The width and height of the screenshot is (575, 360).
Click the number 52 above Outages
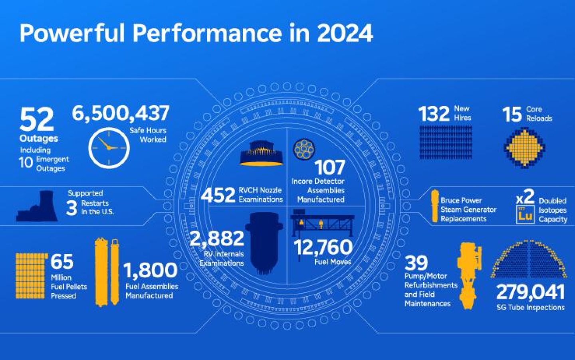click(x=36, y=119)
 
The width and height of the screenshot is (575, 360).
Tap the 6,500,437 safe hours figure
click(x=121, y=113)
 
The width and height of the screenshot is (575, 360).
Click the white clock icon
click(x=109, y=148)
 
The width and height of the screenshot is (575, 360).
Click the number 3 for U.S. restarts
click(x=71, y=208)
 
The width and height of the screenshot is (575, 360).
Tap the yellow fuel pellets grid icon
click(x=31, y=275)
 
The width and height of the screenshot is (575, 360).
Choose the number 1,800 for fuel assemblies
click(x=151, y=270)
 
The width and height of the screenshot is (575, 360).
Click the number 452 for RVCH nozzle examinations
click(x=218, y=195)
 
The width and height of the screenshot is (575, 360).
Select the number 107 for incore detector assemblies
click(x=329, y=167)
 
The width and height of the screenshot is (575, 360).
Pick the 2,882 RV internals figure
click(x=217, y=239)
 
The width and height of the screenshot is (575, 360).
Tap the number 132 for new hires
click(x=434, y=114)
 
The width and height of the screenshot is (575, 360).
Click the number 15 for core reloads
click(x=512, y=114)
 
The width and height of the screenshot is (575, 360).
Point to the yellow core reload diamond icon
click(x=524, y=147)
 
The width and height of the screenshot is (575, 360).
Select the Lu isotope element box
click(x=525, y=215)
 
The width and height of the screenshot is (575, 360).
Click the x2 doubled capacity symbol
click(x=525, y=197)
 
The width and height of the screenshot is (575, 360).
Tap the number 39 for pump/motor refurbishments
click(x=416, y=263)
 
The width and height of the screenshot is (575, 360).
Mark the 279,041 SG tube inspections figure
click(x=531, y=293)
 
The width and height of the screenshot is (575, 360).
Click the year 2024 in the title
click(x=345, y=33)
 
